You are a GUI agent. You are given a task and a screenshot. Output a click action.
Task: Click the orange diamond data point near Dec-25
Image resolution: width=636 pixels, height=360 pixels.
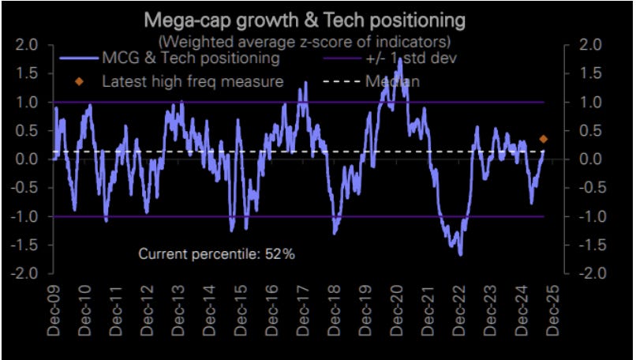[544, 139]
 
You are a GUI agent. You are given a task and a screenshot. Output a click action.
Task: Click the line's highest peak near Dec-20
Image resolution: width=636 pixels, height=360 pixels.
[400, 58]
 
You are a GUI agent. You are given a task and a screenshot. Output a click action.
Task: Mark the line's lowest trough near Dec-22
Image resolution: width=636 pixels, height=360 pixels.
[460, 254]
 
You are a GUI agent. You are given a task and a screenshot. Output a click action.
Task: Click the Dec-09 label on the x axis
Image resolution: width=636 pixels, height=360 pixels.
[53, 311]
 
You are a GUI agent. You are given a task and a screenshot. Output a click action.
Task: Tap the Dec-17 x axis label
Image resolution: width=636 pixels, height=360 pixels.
[302, 311]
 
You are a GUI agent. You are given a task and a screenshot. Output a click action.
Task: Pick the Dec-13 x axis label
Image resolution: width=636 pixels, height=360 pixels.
[178, 311]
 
